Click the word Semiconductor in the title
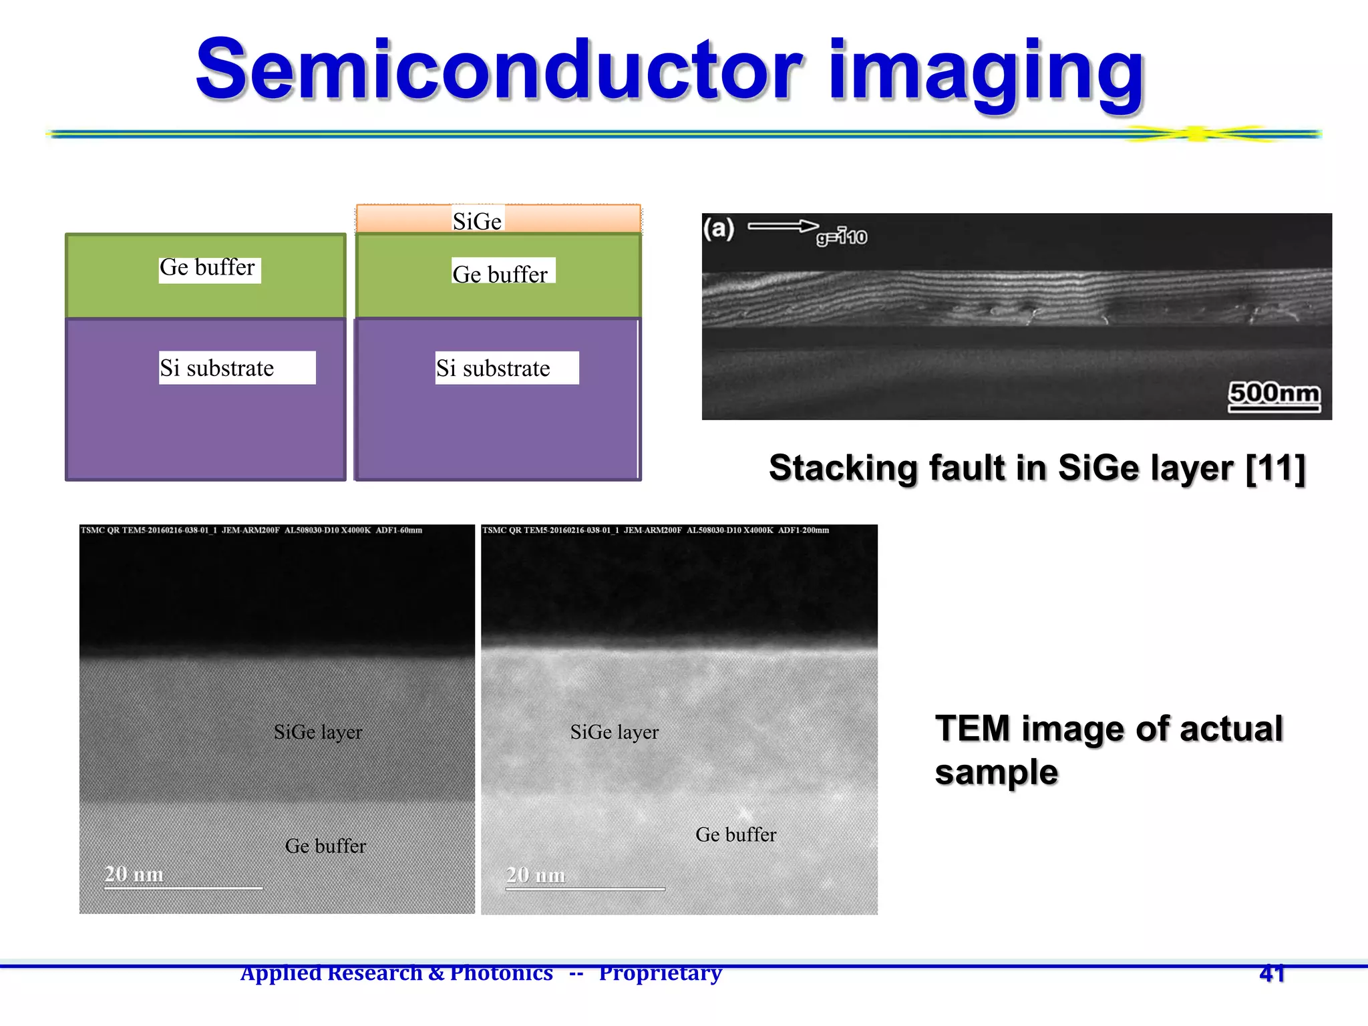498,70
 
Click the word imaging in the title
986,72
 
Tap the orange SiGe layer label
477,220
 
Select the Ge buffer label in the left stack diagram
208,268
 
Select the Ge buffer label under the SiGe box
500,273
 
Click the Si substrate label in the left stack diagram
218,368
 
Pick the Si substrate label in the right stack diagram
494,368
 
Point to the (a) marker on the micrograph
718,229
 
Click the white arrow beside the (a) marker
782,226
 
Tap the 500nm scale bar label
1274,393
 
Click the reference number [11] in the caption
1276,468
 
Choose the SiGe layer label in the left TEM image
318,732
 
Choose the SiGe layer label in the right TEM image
615,732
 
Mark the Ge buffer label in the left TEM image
325,846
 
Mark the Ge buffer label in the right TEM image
735,835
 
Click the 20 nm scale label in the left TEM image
134,874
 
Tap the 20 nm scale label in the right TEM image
536,875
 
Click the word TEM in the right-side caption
972,729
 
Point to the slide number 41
1272,973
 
